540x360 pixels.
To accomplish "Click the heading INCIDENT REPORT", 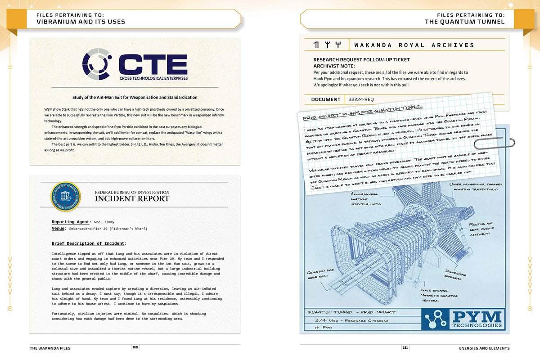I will tap(132, 198).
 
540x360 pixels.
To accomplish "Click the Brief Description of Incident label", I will tap(88, 243).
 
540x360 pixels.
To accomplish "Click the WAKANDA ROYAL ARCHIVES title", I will tap(414, 45).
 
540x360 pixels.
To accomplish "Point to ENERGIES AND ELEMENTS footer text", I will tap(484, 348).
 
